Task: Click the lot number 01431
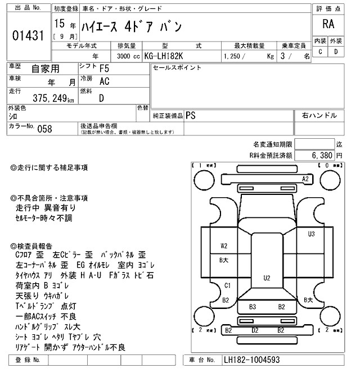tap(28, 35)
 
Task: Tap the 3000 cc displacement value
tap(127, 56)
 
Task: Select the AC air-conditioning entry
tap(104, 81)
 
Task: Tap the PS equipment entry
tap(191, 115)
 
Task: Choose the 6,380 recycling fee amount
tap(321, 154)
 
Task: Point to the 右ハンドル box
tap(319, 115)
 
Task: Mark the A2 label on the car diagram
tap(306, 179)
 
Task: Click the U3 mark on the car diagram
tap(311, 234)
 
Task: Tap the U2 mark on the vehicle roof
tap(267, 278)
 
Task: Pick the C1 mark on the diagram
tap(227, 285)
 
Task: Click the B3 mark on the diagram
tap(253, 307)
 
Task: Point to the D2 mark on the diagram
tap(255, 330)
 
